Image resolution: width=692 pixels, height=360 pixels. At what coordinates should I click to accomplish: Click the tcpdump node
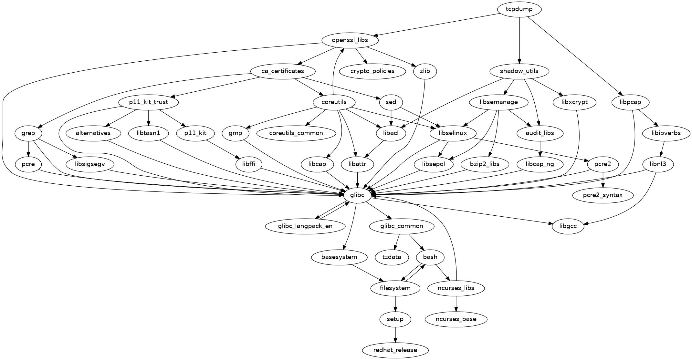click(x=519, y=9)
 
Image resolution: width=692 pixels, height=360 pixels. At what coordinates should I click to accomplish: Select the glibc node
click(x=357, y=195)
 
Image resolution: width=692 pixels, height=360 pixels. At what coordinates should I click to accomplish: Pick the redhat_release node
click(x=395, y=350)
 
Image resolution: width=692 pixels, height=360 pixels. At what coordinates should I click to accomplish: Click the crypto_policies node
click(x=372, y=71)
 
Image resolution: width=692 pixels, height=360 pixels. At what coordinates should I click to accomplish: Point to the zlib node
click(x=425, y=71)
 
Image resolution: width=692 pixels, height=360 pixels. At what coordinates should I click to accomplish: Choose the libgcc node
click(x=568, y=226)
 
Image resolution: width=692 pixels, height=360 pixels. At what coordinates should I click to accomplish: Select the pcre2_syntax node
click(x=603, y=195)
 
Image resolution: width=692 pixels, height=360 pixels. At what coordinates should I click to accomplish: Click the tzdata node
click(x=392, y=257)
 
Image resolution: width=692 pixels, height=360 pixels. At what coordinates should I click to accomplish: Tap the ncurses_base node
click(x=456, y=319)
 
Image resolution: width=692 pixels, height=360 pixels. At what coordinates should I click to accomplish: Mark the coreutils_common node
click(x=296, y=133)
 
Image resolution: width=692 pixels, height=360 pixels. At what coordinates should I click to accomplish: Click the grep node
click(x=29, y=133)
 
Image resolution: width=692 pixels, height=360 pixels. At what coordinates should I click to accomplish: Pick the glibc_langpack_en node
click(x=305, y=226)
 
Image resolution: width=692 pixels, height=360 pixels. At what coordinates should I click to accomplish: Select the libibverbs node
click(x=666, y=133)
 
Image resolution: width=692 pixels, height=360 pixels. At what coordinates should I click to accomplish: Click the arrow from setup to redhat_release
click(x=395, y=334)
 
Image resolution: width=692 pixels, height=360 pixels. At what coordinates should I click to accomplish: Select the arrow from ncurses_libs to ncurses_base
click(x=456, y=303)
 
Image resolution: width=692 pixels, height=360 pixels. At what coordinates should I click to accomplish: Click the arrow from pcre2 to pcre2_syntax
click(x=603, y=180)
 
